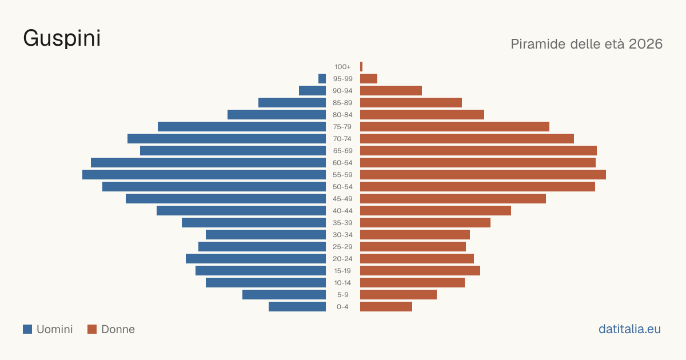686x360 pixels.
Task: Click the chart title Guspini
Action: [62, 39]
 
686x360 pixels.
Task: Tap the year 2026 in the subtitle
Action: [645, 44]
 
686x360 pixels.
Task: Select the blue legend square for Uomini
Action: [27, 329]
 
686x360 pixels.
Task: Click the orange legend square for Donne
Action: [92, 329]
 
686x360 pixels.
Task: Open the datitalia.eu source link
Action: [629, 329]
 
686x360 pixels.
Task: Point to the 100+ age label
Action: [342, 67]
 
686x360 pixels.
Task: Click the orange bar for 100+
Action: [361, 67]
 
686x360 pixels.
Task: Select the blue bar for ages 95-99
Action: [322, 79]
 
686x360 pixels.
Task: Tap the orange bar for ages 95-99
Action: [369, 79]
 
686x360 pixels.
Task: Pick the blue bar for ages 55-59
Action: [204, 175]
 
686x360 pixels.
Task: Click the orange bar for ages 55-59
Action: [483, 175]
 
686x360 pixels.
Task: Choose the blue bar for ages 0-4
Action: [297, 307]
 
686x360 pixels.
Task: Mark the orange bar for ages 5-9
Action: [398, 295]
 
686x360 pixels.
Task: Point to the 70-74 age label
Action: [342, 139]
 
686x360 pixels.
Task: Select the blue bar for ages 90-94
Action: [312, 91]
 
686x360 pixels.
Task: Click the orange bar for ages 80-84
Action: [422, 115]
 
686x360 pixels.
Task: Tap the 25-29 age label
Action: [342, 247]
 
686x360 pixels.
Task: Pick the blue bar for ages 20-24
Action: [256, 259]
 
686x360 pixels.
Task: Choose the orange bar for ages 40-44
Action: [436, 211]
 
